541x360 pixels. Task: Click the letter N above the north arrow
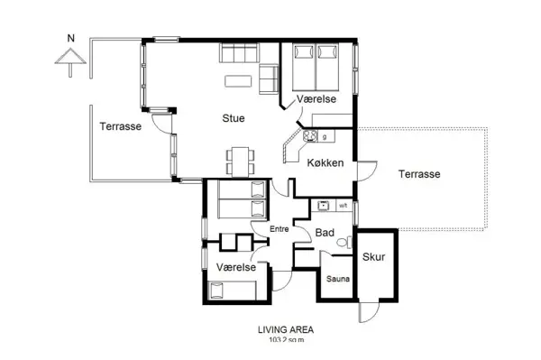tap(69, 39)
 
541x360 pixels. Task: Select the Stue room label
tap(234, 117)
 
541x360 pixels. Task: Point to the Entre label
tap(280, 230)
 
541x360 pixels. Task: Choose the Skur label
tap(373, 257)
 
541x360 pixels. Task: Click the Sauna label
tap(338, 280)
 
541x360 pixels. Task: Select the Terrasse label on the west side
tap(120, 127)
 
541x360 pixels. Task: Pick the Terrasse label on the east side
tap(419, 174)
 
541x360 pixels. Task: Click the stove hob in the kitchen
tap(312, 137)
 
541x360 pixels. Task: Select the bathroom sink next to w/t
tap(323, 206)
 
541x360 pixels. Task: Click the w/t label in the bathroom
tap(343, 207)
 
